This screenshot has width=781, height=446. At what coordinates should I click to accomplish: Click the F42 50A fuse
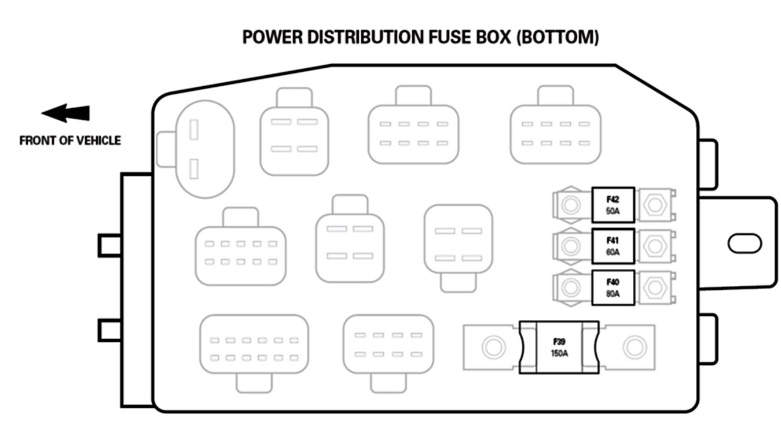[x=613, y=205]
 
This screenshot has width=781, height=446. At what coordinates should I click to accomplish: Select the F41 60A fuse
[x=613, y=246]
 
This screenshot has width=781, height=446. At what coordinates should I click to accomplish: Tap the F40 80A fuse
[x=613, y=287]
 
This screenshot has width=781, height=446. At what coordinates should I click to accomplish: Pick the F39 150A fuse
[x=559, y=347]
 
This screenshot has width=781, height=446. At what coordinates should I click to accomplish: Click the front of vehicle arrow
[x=66, y=113]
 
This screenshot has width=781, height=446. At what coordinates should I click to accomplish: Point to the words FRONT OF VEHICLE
[x=70, y=141]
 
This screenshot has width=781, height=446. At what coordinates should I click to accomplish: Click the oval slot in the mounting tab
[x=745, y=243]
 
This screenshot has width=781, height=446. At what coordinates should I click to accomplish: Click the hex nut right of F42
[x=655, y=205]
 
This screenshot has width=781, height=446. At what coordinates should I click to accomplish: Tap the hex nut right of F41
[x=655, y=246]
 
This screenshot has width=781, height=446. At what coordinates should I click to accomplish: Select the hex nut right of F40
[x=655, y=287]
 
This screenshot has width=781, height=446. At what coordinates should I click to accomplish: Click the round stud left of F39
[x=492, y=347]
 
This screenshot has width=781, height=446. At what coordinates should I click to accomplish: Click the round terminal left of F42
[x=570, y=205]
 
